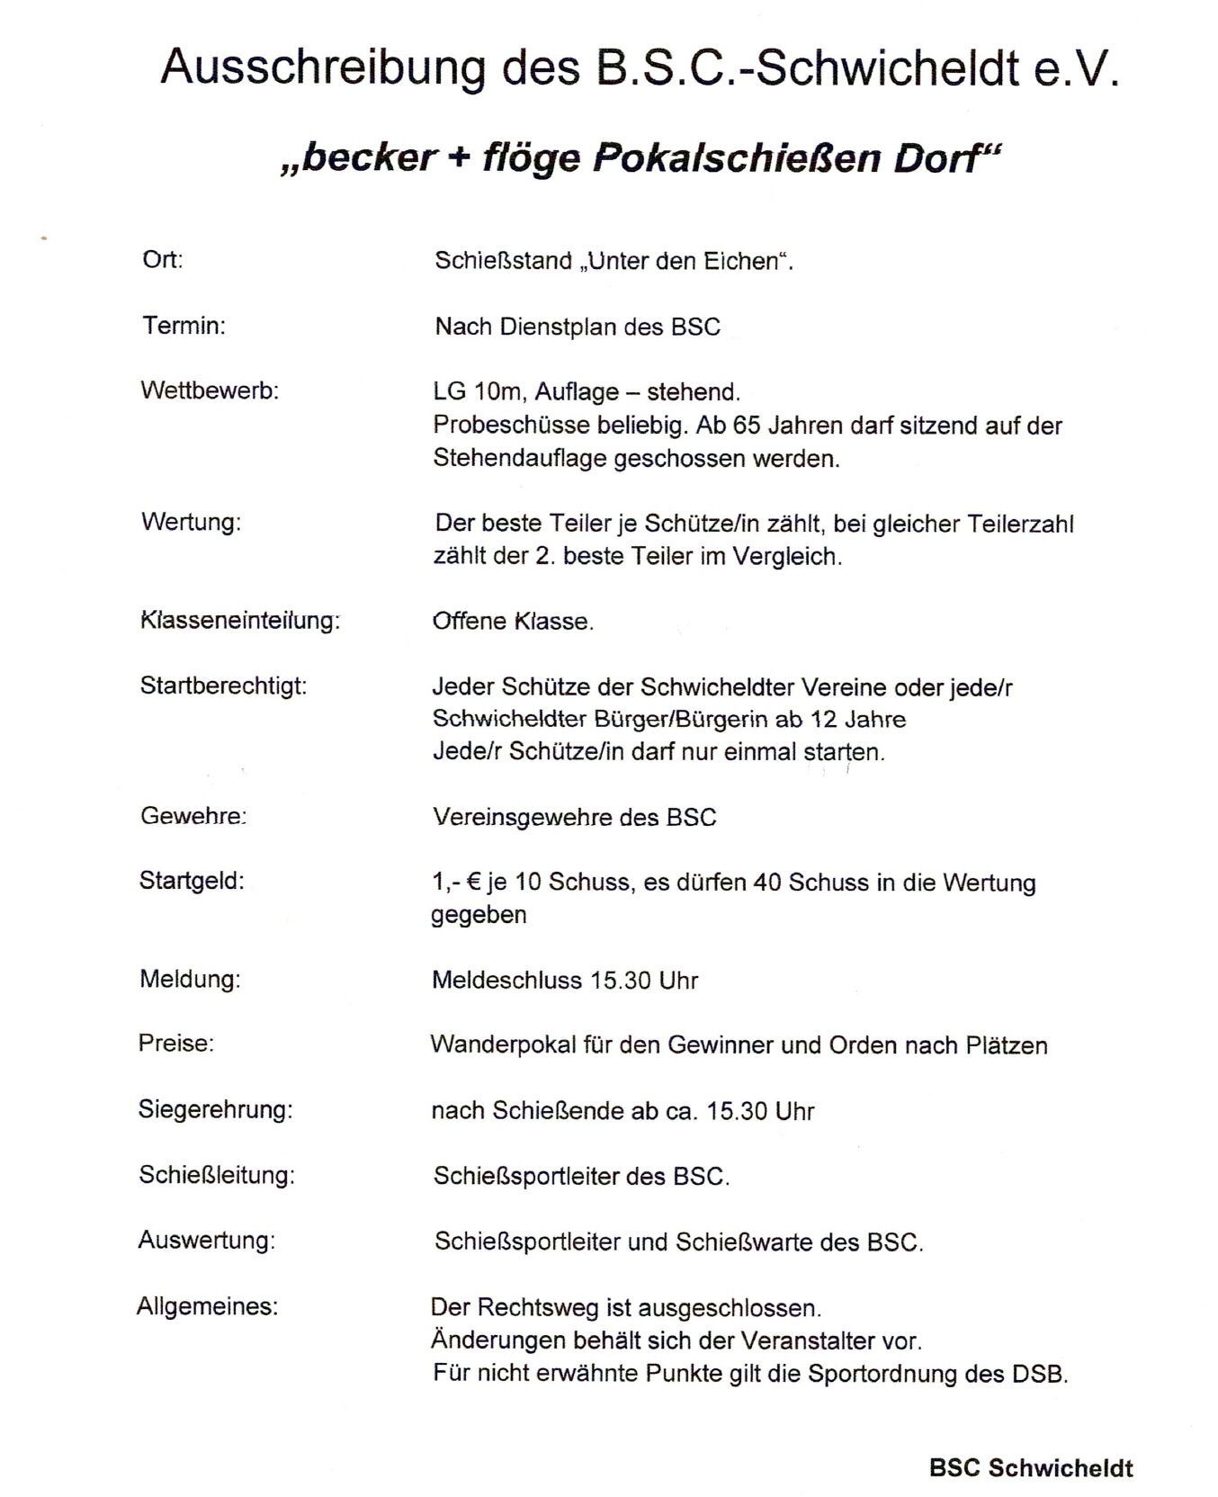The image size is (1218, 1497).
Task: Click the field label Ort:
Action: [x=163, y=260]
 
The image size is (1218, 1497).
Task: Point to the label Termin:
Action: [x=184, y=326]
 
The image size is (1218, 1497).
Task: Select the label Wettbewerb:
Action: [x=210, y=390]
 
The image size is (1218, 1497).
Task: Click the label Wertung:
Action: [x=191, y=522]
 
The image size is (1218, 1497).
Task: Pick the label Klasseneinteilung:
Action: [x=240, y=621]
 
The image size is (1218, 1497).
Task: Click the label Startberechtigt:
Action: [x=223, y=686]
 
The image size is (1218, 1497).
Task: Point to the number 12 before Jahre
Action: [x=824, y=719]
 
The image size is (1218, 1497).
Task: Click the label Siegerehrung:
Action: [x=215, y=1109]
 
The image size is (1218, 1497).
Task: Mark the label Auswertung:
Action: [x=206, y=1240]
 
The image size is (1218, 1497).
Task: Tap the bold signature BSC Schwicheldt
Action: [x=1031, y=1468]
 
